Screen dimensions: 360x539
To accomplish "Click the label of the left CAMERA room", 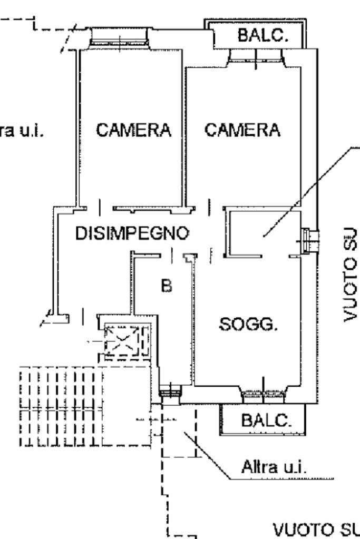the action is pyautogui.click(x=134, y=130).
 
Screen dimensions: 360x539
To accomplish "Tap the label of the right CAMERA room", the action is pyautogui.click(x=242, y=130).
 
